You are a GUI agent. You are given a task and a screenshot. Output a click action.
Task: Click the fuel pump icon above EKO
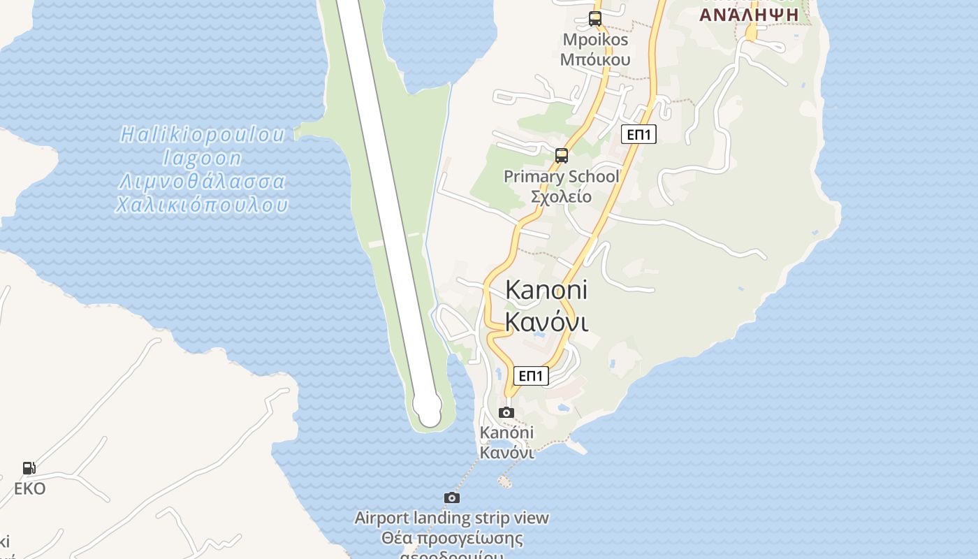click(x=29, y=468)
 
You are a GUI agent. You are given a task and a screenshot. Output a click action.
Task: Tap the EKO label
click(x=30, y=488)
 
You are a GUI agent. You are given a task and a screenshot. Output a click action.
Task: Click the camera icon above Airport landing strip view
click(x=452, y=498)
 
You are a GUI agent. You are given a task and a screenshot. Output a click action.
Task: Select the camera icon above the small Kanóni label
click(x=506, y=412)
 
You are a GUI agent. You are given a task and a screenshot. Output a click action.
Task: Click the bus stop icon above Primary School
click(x=562, y=155)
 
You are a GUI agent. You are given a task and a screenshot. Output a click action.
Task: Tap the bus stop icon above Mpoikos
click(x=595, y=19)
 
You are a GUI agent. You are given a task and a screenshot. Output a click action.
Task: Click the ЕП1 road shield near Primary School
click(x=638, y=134)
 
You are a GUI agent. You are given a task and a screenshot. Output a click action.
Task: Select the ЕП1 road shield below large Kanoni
click(x=531, y=376)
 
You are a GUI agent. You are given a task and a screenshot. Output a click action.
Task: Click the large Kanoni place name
click(x=546, y=289)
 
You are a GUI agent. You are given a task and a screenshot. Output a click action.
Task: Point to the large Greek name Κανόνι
click(x=546, y=322)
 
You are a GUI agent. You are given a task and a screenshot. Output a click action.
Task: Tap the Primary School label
click(x=562, y=177)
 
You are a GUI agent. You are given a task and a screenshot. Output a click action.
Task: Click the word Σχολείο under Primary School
click(x=562, y=196)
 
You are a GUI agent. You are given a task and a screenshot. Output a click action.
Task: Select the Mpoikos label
click(x=595, y=40)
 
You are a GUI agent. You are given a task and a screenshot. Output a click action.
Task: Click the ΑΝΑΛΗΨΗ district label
click(x=749, y=15)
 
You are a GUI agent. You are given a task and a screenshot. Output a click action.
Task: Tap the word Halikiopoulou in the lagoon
click(x=203, y=134)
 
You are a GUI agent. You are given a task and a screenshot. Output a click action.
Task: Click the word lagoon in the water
click(x=203, y=158)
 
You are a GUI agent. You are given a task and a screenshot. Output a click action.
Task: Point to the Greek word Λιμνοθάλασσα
click(x=203, y=182)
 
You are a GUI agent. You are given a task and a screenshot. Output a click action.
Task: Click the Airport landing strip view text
click(x=452, y=518)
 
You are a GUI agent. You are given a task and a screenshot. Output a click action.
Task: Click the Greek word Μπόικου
click(x=595, y=59)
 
